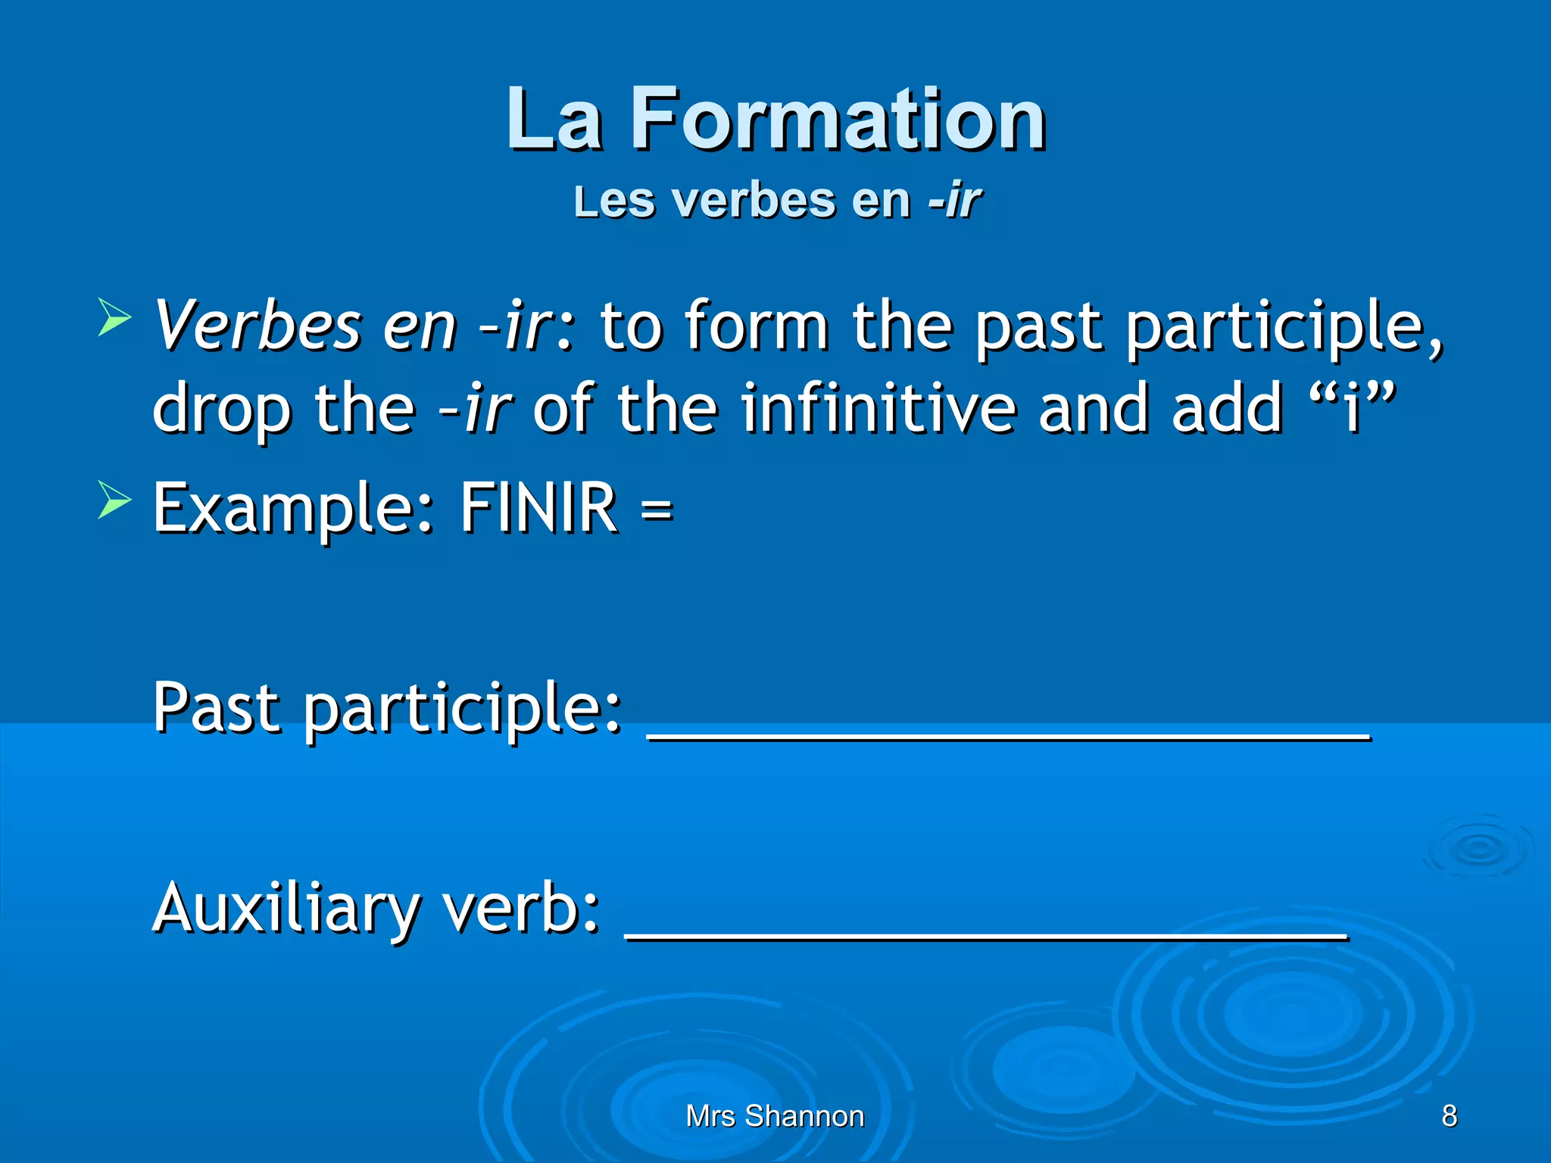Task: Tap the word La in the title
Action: (x=554, y=120)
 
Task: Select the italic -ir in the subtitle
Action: (x=956, y=201)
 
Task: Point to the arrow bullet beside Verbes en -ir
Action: (x=114, y=316)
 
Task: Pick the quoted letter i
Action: (x=1352, y=409)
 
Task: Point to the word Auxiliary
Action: (x=286, y=909)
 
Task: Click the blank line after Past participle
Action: (x=1009, y=734)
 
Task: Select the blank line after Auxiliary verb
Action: (x=986, y=936)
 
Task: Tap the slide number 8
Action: (x=1449, y=1115)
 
